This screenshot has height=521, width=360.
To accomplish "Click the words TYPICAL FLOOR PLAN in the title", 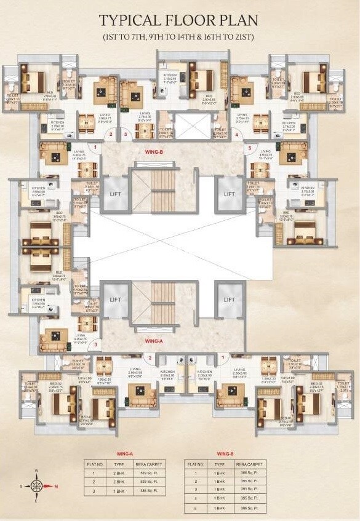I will coord(180,20).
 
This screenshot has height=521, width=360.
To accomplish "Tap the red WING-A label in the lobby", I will coord(153,340).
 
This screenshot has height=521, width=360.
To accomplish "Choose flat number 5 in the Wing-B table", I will coord(197,509).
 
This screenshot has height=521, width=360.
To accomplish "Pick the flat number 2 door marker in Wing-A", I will coord(150,357).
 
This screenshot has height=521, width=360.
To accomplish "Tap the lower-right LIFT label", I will coord(230,300).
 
